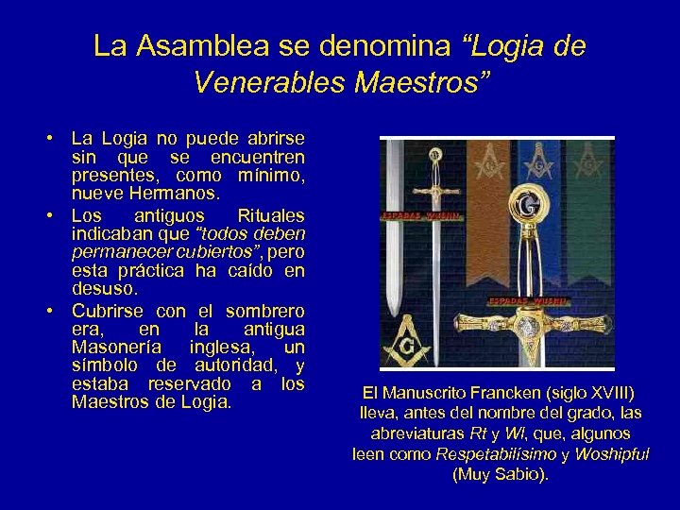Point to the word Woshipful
[611, 453]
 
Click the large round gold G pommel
[525, 205]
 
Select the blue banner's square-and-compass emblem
[538, 161]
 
